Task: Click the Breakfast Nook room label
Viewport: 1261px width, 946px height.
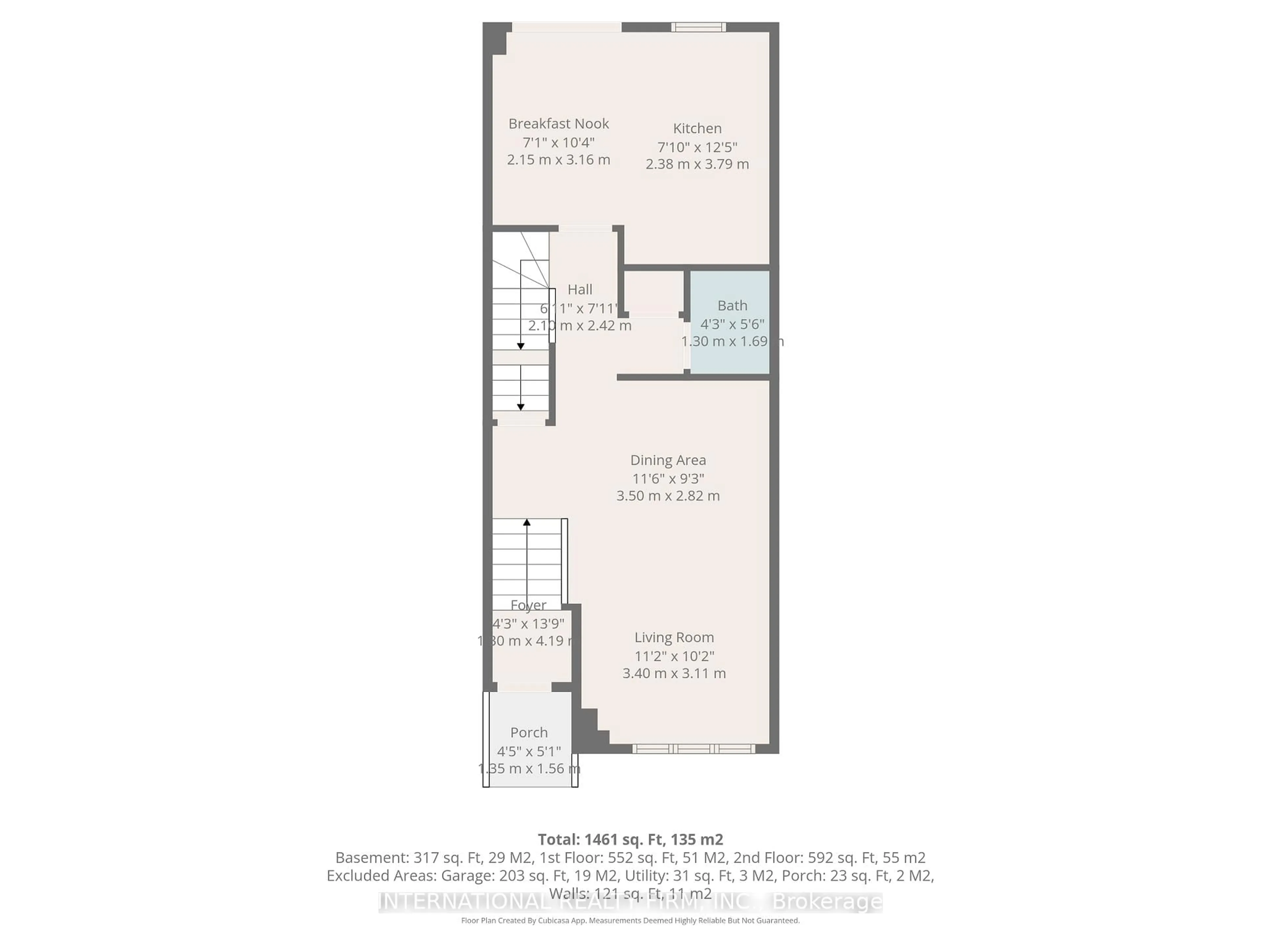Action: (558, 124)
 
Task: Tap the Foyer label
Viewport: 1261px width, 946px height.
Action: (528, 605)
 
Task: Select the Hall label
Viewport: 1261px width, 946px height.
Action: (580, 290)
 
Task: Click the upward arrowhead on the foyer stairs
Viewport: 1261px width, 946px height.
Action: (527, 522)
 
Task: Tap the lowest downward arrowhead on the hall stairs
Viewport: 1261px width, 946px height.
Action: (520, 407)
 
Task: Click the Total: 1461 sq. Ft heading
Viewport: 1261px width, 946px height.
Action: (630, 839)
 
